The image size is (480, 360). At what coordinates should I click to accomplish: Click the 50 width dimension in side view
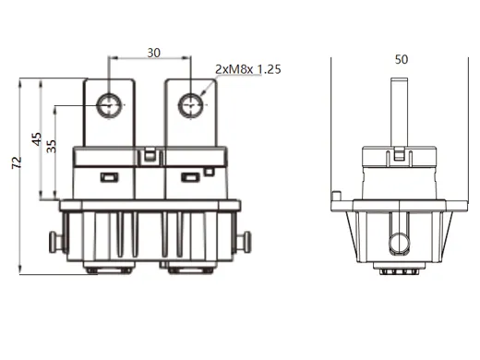coord(401,59)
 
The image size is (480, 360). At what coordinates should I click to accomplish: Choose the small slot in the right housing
coord(191,177)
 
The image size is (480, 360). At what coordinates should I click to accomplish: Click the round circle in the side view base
coord(400,243)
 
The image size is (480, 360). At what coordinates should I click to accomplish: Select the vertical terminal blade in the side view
coord(400,111)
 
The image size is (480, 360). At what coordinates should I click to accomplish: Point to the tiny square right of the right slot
coord(211,172)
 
